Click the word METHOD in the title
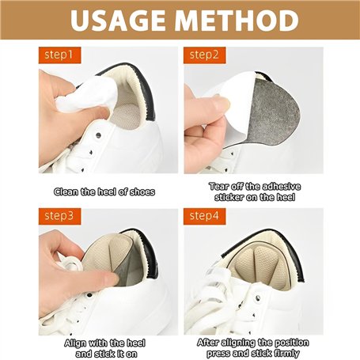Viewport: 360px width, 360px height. (237, 21)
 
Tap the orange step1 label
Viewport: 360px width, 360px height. (59, 55)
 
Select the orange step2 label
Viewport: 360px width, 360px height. (205, 55)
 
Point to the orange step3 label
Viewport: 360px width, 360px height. (59, 216)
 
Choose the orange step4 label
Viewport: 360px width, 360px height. (205, 216)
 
